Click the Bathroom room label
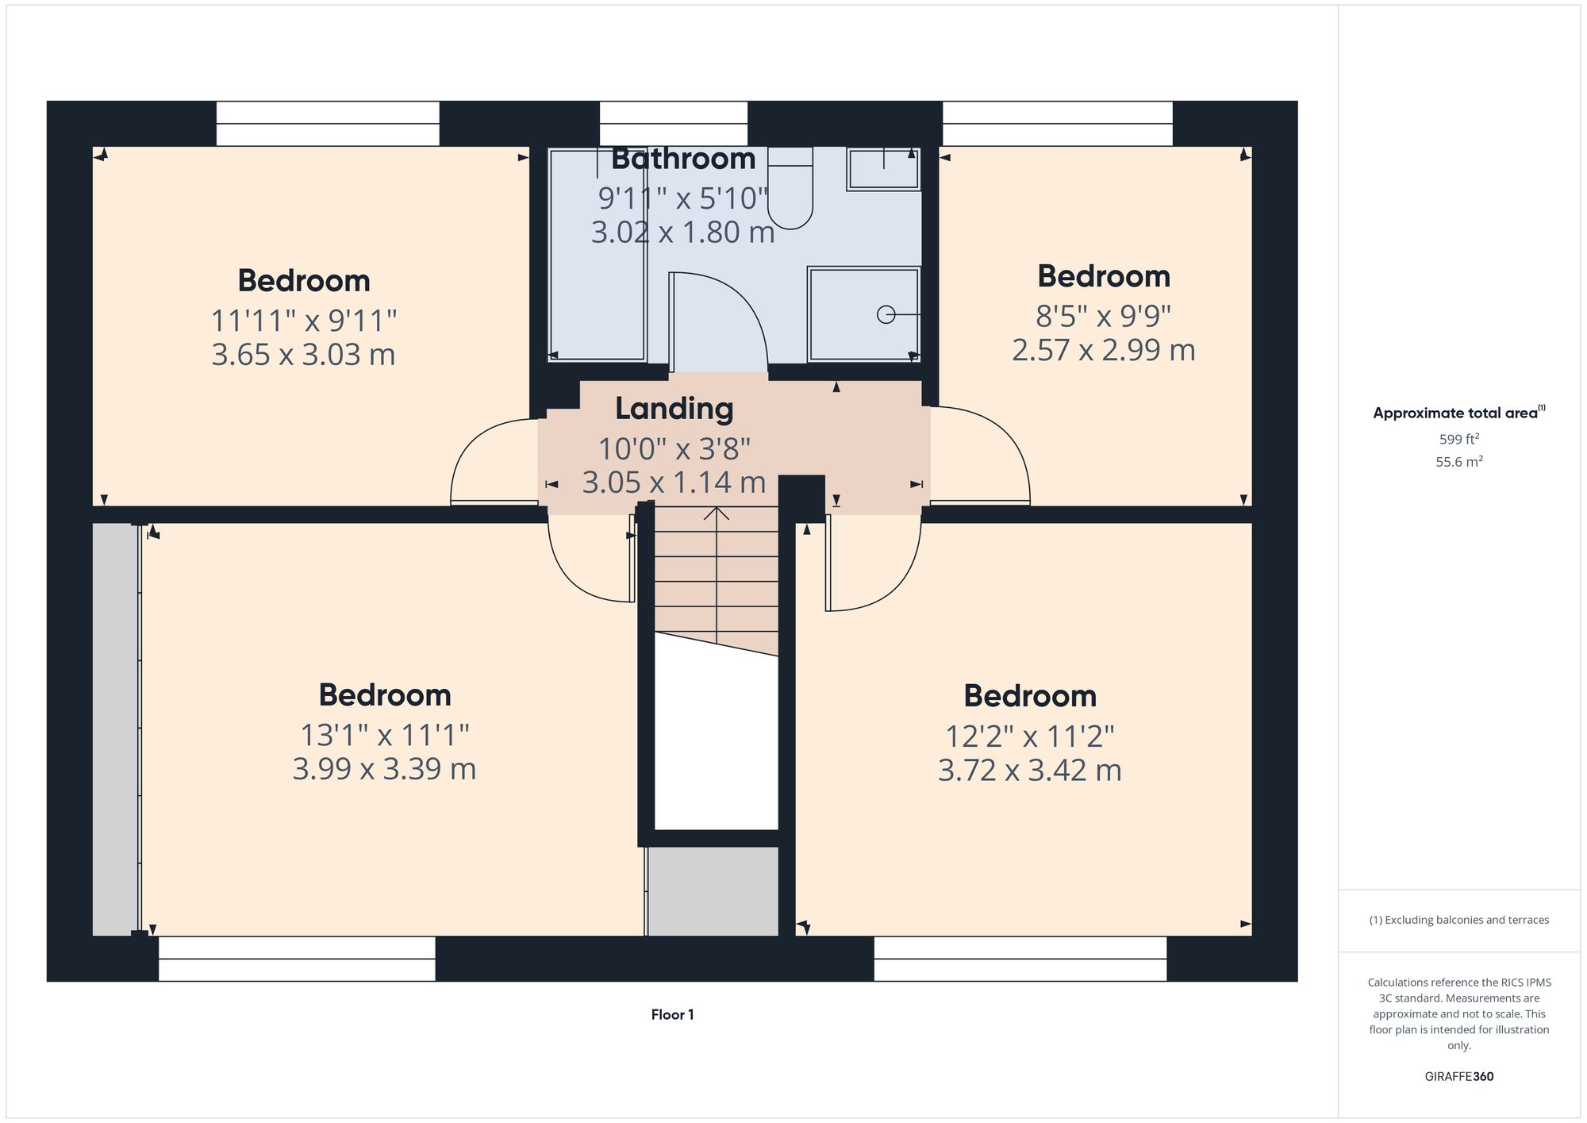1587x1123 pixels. coord(683,159)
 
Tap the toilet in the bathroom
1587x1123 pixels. coord(790,190)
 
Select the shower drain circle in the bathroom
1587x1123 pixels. coord(886,315)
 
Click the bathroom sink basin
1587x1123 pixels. coord(883,169)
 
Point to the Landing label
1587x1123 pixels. coord(674,409)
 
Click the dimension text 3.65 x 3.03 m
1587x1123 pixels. coord(303,354)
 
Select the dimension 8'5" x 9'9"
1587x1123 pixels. coord(1103,316)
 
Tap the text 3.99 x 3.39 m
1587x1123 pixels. coord(384,768)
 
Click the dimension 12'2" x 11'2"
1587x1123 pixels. coord(1029,736)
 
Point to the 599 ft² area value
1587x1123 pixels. coord(1458,439)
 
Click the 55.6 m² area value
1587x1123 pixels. coord(1458,462)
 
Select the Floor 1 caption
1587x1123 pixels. coord(672,1014)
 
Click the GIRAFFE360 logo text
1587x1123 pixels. coord(1458,1076)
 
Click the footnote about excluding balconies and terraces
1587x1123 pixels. coord(1458,920)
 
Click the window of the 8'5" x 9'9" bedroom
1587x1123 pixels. coord(1057,124)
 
